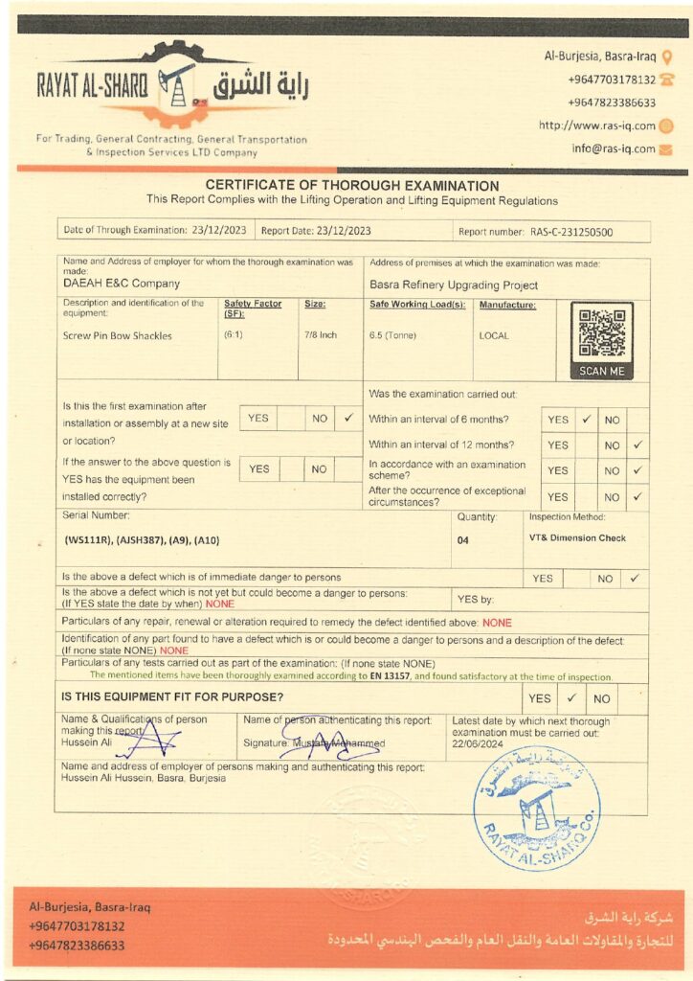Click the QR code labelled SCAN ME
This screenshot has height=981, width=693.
pyautogui.click(x=601, y=333)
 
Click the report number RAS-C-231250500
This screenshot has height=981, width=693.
pyautogui.click(x=571, y=232)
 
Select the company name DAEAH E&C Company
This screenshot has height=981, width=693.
pyautogui.click(x=122, y=284)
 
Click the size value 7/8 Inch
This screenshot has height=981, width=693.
pyautogui.click(x=321, y=336)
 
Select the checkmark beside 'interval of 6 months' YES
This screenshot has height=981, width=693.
pyautogui.click(x=586, y=419)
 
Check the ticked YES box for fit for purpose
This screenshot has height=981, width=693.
pyautogui.click(x=570, y=698)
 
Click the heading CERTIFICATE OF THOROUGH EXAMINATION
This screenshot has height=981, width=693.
pyautogui.click(x=352, y=186)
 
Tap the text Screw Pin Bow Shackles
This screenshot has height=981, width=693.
pyautogui.click(x=117, y=336)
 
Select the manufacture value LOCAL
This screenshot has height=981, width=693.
pyautogui.click(x=494, y=336)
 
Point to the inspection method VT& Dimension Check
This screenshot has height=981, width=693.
pyautogui.click(x=577, y=538)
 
